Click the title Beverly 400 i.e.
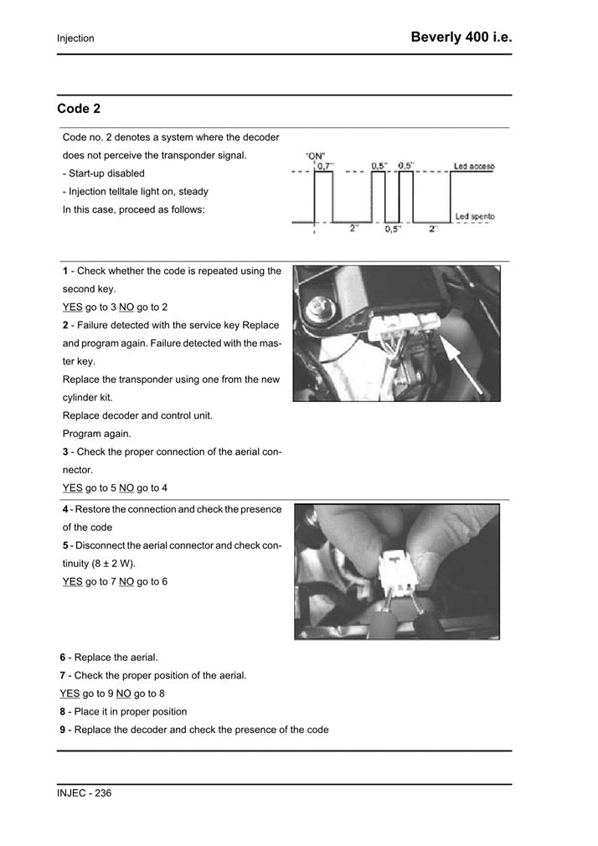tap(461, 37)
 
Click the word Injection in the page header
tap(75, 39)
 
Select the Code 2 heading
tap(79, 109)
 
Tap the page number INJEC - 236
tap(84, 792)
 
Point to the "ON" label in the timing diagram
tap(316, 156)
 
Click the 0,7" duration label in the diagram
tap(324, 166)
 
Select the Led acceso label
tap(474, 167)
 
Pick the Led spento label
tap(474, 217)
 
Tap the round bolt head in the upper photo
tap(318, 308)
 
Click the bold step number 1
tap(65, 271)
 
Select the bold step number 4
tap(65, 509)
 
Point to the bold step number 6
tap(63, 658)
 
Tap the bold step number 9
tap(63, 730)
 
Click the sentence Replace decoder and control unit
tap(137, 416)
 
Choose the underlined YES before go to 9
tap(70, 694)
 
